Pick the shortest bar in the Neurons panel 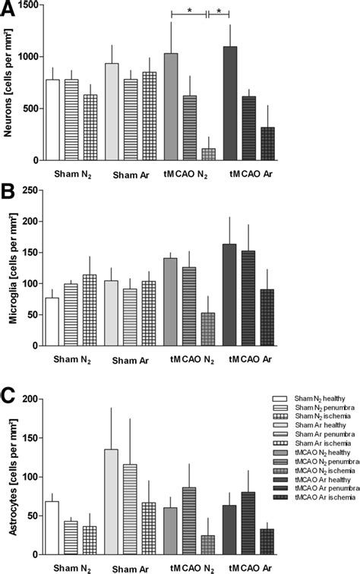click(207, 154)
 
